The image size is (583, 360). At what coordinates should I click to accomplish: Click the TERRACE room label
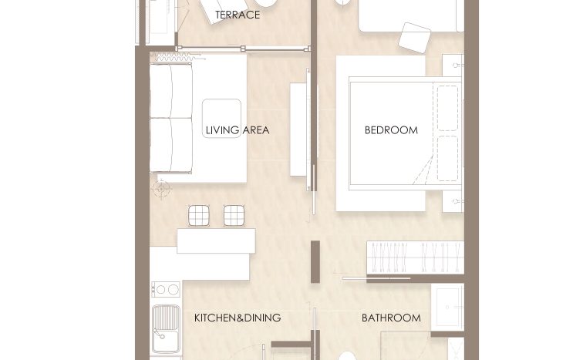click(x=238, y=15)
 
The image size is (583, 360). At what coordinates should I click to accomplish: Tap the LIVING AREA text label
click(x=238, y=130)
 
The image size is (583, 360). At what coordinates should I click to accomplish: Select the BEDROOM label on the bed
click(x=391, y=130)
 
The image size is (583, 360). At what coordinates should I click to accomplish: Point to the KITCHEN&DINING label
click(x=238, y=318)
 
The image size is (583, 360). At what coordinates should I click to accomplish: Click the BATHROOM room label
click(x=391, y=318)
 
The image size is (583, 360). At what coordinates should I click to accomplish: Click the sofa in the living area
click(x=171, y=118)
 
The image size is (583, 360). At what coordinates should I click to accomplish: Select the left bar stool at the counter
click(x=198, y=216)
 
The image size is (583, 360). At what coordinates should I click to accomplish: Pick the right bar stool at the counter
click(x=234, y=216)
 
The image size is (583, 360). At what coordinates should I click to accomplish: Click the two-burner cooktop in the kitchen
click(x=166, y=289)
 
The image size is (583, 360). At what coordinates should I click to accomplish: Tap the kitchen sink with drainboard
click(x=166, y=329)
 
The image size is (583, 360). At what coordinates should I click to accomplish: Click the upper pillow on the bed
click(x=447, y=108)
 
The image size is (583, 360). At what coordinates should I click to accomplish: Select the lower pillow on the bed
click(x=447, y=158)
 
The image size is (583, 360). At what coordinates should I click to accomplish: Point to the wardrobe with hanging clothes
click(x=416, y=257)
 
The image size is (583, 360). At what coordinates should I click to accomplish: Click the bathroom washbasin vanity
click(x=447, y=308)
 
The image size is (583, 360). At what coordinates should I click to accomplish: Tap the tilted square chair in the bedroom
click(x=415, y=38)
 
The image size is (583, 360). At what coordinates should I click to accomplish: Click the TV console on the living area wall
click(x=298, y=130)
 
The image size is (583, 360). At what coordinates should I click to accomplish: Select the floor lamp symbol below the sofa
click(x=161, y=189)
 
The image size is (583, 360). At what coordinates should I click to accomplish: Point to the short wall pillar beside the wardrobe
click(x=315, y=261)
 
